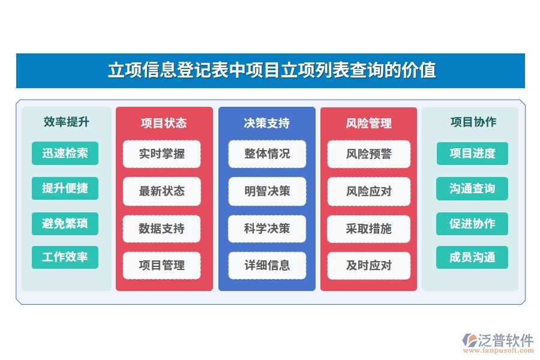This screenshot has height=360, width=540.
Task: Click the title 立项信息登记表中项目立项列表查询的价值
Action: pos(271,70)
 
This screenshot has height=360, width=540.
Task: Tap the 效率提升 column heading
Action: pos(66,122)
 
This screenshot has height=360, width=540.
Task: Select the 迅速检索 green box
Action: pos(65,153)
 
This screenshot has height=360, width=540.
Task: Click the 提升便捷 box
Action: pos(65,188)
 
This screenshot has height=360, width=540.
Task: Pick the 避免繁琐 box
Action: pos(65,224)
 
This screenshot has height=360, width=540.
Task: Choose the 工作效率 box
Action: pos(65,257)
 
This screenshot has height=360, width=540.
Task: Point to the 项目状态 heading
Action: pos(163,123)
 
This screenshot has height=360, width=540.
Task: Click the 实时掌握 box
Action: pos(161,154)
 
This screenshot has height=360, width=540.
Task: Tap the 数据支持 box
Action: pos(161,229)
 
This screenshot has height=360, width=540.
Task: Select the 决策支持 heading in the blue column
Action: pos(266,123)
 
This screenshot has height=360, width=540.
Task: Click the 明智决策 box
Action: pos(267,191)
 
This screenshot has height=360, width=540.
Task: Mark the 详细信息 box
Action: pos(267,265)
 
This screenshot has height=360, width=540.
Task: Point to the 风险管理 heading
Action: pos(368,123)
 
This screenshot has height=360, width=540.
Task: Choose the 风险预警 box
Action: pos(368,154)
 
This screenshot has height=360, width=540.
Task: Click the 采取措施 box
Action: pos(368,229)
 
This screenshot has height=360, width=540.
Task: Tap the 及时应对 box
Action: pos(368,265)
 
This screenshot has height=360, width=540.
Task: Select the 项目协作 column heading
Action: pos(473,122)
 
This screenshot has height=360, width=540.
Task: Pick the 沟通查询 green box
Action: pos(472,189)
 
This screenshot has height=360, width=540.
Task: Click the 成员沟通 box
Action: pos(472,258)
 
